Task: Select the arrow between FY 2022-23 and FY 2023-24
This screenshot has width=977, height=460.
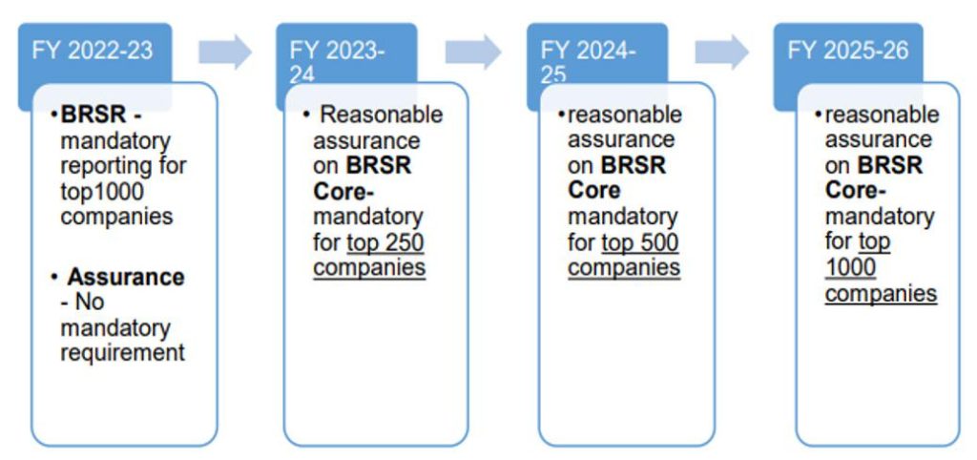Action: tap(225, 52)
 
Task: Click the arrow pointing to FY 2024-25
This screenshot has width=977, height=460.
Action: tap(473, 52)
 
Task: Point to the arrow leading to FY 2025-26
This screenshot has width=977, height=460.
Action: tap(722, 52)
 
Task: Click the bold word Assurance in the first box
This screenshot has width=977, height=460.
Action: tap(126, 277)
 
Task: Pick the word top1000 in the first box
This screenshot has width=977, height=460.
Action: tap(102, 192)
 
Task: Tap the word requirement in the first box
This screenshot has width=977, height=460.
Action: tap(123, 353)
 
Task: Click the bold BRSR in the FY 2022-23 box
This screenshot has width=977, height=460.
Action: tap(94, 115)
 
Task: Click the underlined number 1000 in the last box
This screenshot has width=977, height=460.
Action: tap(850, 268)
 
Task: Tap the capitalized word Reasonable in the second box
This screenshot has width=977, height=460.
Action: tap(382, 115)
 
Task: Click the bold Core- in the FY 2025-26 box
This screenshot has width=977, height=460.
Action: tap(856, 192)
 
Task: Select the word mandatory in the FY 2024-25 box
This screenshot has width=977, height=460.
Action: tap(622, 218)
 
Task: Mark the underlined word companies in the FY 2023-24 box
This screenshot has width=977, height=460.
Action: tap(369, 268)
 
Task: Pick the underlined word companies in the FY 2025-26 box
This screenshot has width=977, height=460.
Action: tap(881, 294)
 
